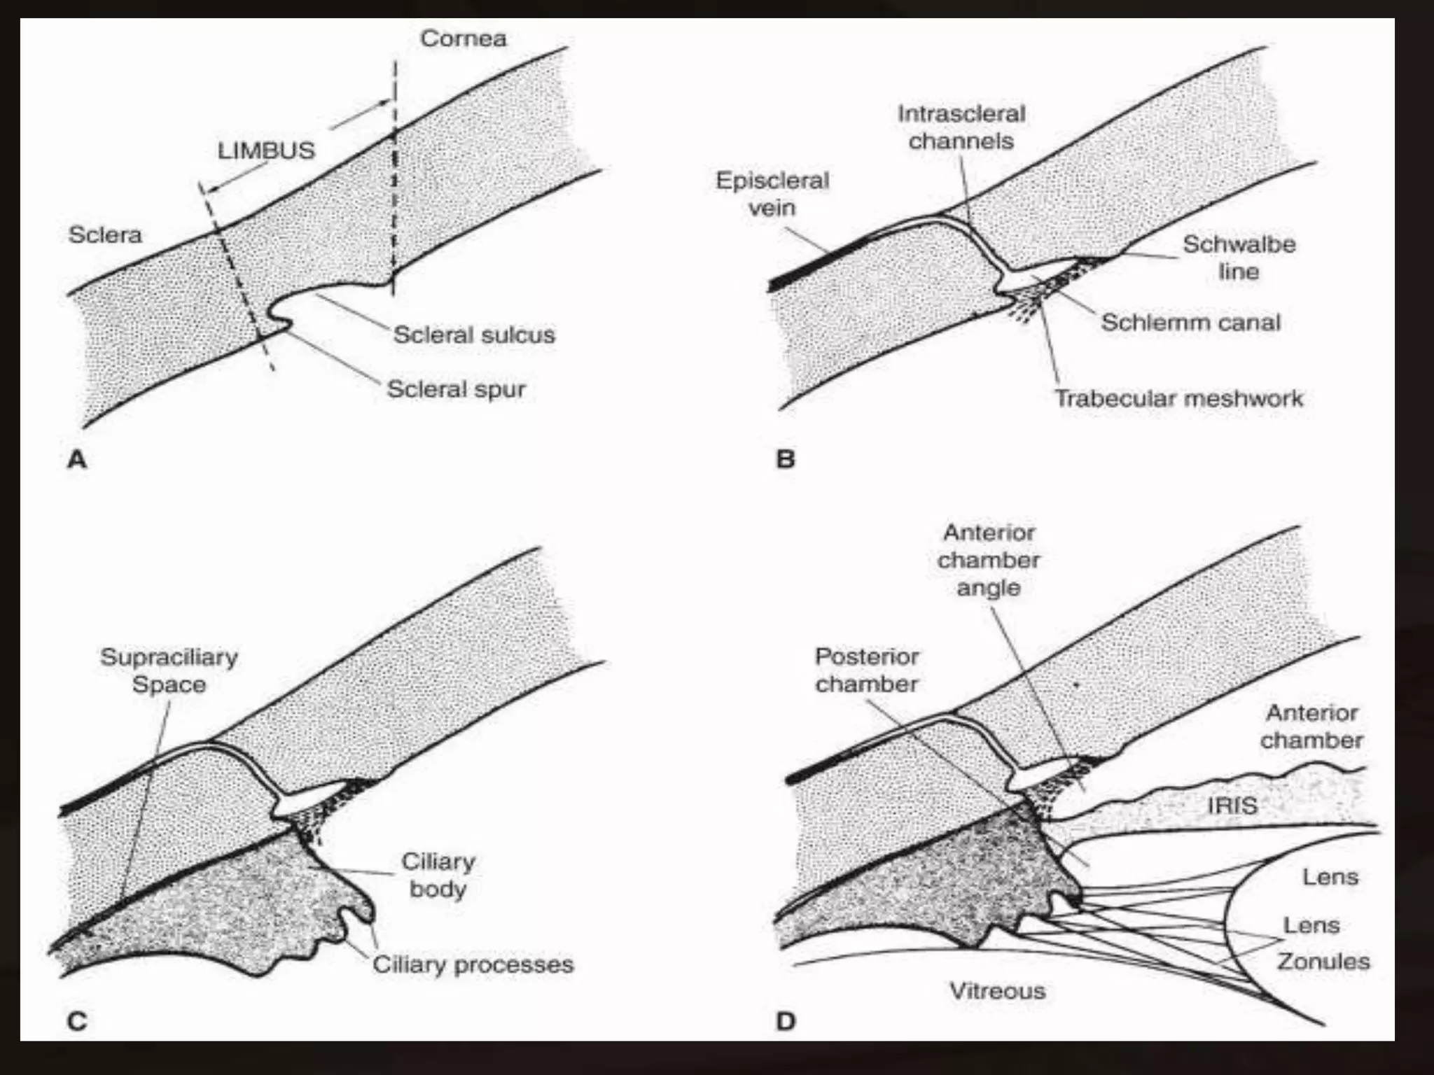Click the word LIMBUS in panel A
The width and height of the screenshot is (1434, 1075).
click(x=267, y=150)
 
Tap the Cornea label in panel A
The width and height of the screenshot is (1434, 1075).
click(x=464, y=38)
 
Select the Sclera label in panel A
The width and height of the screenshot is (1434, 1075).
click(x=105, y=234)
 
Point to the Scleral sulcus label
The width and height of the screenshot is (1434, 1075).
click(x=474, y=335)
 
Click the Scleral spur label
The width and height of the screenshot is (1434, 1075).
click(x=456, y=389)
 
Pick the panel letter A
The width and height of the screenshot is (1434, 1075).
click(x=77, y=460)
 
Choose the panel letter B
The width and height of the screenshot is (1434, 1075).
click(x=786, y=460)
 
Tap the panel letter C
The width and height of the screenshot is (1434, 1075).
click(x=77, y=1023)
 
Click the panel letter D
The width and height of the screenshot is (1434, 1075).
click(x=786, y=1023)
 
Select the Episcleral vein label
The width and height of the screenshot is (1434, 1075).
click(x=772, y=194)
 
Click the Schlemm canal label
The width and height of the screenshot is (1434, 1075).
click(x=1191, y=322)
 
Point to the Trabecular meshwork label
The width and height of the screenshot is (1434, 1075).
click(x=1179, y=398)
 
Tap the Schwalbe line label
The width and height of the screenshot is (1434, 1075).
click(x=1239, y=258)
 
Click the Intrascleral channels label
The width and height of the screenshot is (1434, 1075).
click(x=961, y=127)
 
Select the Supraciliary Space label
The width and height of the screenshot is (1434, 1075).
click(x=169, y=670)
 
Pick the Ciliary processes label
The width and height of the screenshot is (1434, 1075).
click(x=473, y=964)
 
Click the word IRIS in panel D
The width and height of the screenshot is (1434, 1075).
click(x=1232, y=806)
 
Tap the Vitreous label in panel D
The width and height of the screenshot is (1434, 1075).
click(x=997, y=990)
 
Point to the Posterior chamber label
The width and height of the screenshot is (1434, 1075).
click(x=867, y=670)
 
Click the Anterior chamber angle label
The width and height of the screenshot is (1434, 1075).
click(x=989, y=560)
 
